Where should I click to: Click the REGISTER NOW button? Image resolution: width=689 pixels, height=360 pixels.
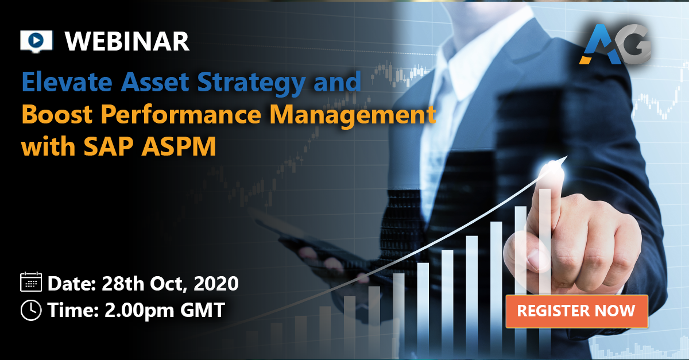[x=576, y=311]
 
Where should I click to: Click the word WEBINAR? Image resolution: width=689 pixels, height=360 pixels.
[x=127, y=41]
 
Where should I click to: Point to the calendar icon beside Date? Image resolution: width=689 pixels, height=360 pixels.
[x=32, y=282]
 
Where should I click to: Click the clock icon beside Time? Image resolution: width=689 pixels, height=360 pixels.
[x=32, y=310]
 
